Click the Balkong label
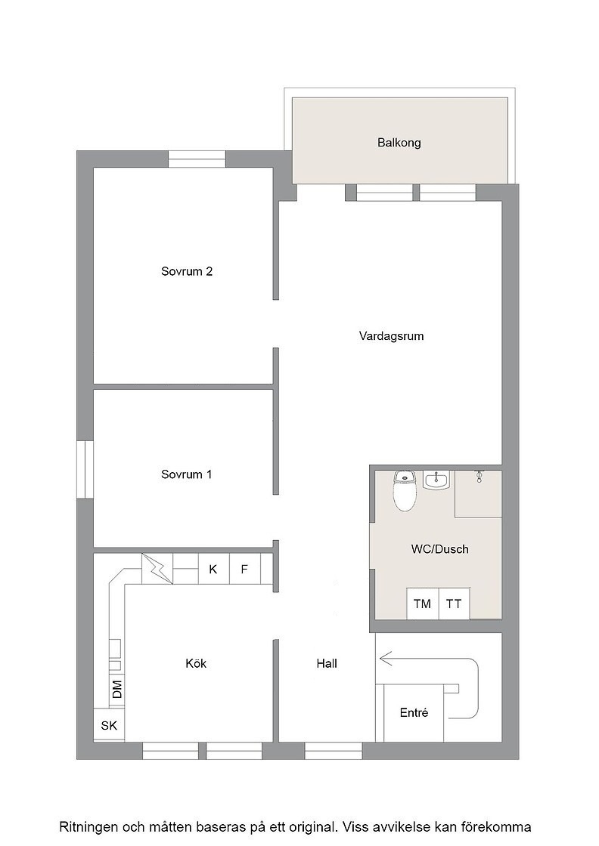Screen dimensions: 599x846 tap(399, 143)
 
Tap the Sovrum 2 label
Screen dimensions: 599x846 tap(187, 271)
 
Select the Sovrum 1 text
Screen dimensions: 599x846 tap(186, 475)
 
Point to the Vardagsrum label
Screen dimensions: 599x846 tap(391, 336)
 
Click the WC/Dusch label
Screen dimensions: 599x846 tap(439, 549)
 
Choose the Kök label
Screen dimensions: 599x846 tap(196, 664)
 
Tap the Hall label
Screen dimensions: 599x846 tap(327, 664)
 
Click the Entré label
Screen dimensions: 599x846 tap(414, 713)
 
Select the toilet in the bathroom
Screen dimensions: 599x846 tap(404, 490)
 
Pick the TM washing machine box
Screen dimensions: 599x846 tap(422, 604)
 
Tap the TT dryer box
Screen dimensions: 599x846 tap(454, 604)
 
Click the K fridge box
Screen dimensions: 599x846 tap(213, 569)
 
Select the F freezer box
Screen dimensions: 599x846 tap(245, 569)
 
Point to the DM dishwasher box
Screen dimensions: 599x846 tap(116, 690)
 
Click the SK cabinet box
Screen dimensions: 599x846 tap(109, 726)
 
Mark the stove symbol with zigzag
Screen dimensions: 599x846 tap(157, 569)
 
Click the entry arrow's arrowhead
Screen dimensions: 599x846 tap(386, 659)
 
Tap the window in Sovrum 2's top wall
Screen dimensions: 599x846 tap(197, 159)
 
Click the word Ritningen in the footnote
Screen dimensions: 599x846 tap(88, 827)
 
